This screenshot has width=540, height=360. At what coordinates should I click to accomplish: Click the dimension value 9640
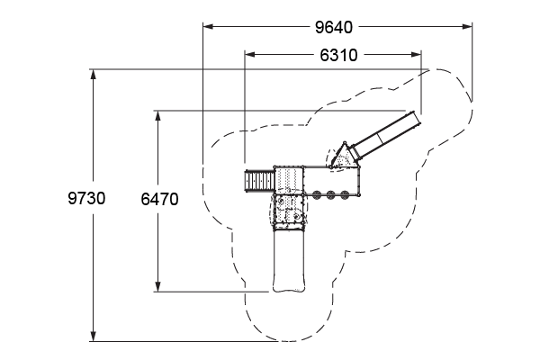(334, 28)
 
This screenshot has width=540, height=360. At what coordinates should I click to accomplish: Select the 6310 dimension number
(338, 55)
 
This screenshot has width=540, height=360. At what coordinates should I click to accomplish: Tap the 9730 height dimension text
(86, 198)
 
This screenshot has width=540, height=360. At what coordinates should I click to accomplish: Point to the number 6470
(159, 199)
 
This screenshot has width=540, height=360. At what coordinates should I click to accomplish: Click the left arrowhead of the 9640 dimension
(208, 26)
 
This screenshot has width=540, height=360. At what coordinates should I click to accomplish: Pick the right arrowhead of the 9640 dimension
(467, 26)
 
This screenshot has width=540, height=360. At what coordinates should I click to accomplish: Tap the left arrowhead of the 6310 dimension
(249, 54)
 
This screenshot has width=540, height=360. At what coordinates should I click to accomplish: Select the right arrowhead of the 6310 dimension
(416, 54)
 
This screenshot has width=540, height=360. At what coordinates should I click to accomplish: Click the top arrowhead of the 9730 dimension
(93, 75)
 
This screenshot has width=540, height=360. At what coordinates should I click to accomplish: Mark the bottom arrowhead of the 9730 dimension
(93, 337)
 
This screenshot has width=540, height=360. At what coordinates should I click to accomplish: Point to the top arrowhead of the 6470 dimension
(157, 116)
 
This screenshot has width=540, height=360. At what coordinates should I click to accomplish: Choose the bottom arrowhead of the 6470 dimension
(157, 286)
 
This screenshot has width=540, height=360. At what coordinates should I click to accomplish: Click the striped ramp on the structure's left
(260, 181)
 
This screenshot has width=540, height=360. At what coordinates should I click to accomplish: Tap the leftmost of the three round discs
(317, 195)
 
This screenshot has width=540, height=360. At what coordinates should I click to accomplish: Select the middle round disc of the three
(331, 195)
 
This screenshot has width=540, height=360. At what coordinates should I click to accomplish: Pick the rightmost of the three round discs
(345, 195)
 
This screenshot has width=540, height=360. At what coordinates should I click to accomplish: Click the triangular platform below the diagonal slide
(344, 157)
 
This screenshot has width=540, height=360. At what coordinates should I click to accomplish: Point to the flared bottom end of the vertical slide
(289, 284)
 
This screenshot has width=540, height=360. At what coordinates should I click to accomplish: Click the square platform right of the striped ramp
(289, 180)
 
